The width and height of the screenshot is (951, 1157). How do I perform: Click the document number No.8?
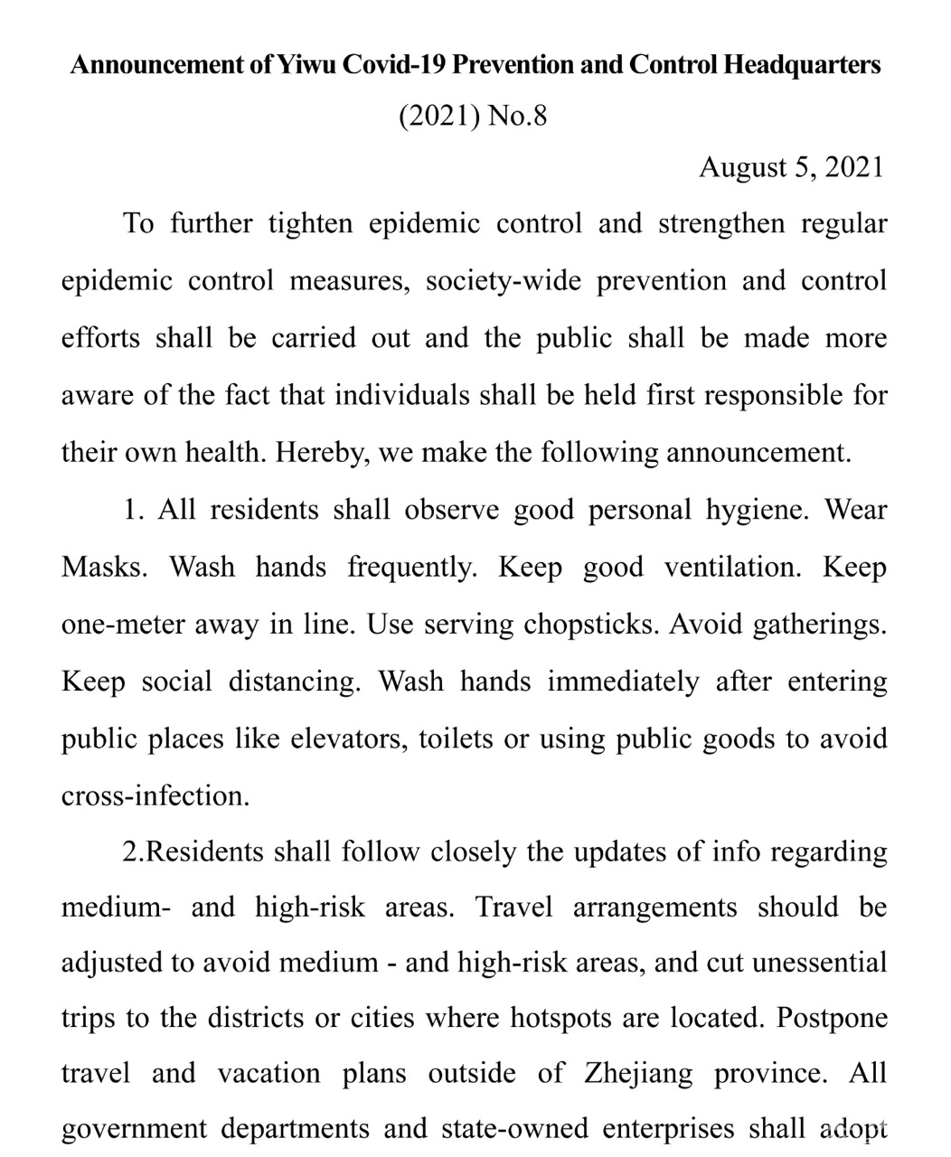517,117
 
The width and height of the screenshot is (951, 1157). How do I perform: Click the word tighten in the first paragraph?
309,223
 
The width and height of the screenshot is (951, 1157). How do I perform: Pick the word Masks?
103,568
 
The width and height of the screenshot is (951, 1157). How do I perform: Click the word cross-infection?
155,796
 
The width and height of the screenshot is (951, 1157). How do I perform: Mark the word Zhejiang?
638,1074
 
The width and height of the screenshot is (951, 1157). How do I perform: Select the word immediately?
623,682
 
